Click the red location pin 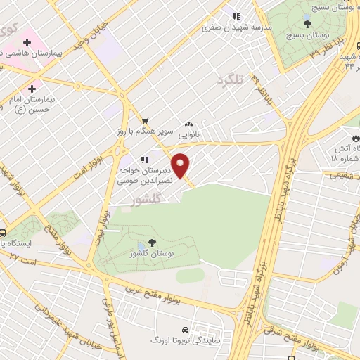181,165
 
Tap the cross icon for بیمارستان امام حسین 32,89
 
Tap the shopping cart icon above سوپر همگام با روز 144,121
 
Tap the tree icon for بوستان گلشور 153,242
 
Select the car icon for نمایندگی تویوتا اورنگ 184,329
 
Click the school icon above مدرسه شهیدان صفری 237,15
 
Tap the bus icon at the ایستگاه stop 4,233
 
